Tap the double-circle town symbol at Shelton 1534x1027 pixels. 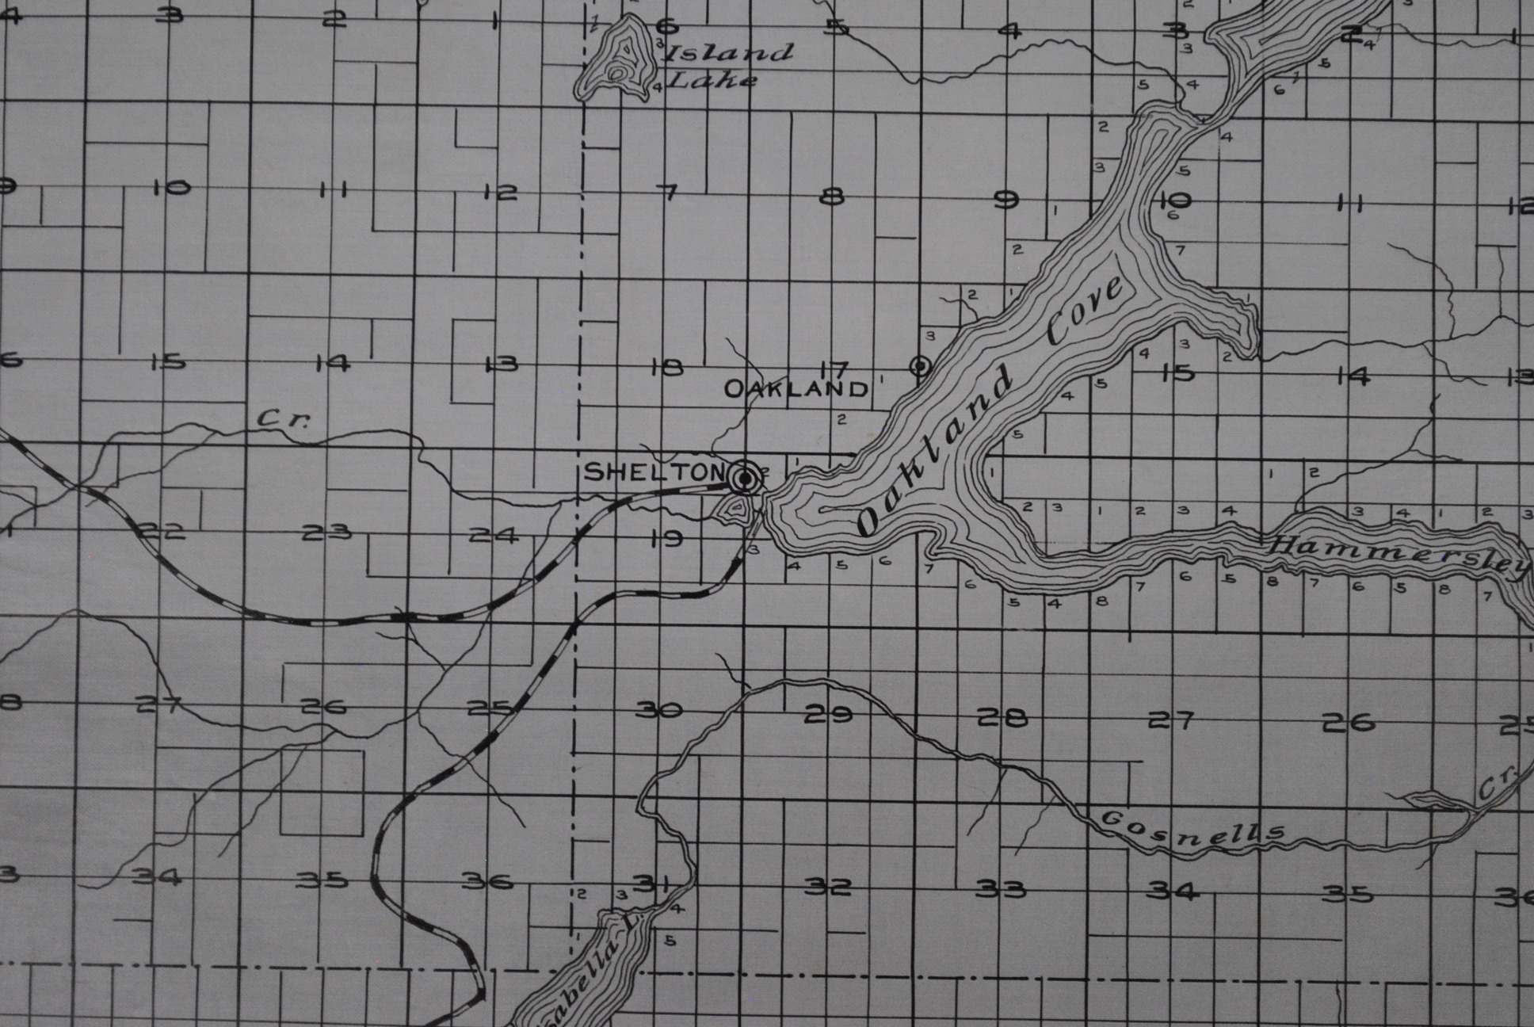click(x=745, y=478)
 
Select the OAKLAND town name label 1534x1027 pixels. click(x=796, y=389)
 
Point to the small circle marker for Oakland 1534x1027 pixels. click(x=920, y=365)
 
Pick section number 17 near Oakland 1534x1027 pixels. click(x=834, y=368)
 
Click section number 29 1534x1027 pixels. click(x=829, y=715)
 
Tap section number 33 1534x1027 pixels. click(x=1000, y=889)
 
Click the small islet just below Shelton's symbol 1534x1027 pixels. click(x=735, y=508)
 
